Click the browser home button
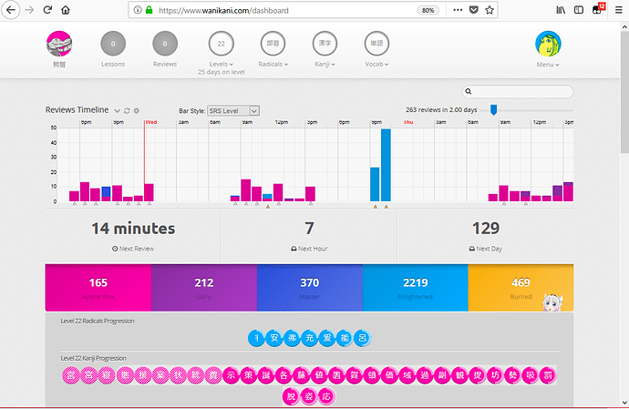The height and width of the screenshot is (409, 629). pyautogui.click(x=64, y=10)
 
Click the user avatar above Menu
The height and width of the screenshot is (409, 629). pyautogui.click(x=548, y=43)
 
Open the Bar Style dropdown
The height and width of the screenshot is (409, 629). pyautogui.click(x=233, y=110)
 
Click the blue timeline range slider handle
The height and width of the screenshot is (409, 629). pyautogui.click(x=493, y=109)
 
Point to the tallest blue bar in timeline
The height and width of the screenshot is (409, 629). pyautogui.click(x=386, y=165)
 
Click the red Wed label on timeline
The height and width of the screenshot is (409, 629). pyautogui.click(x=150, y=121)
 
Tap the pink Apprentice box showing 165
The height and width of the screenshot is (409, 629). pyautogui.click(x=98, y=288)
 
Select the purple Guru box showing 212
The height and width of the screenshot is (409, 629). pyautogui.click(x=203, y=288)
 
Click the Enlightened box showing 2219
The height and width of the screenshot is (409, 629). pyautogui.click(x=415, y=288)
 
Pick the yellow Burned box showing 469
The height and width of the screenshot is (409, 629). pyautogui.click(x=521, y=288)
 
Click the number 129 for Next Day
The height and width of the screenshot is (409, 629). pyautogui.click(x=485, y=229)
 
